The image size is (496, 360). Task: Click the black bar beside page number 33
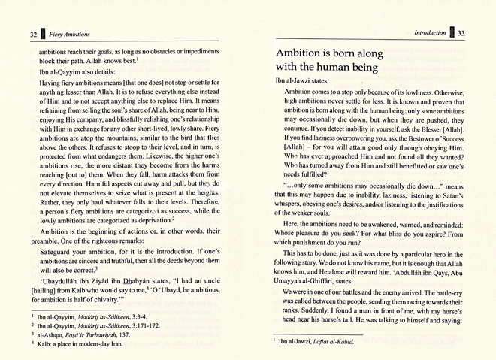452,33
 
